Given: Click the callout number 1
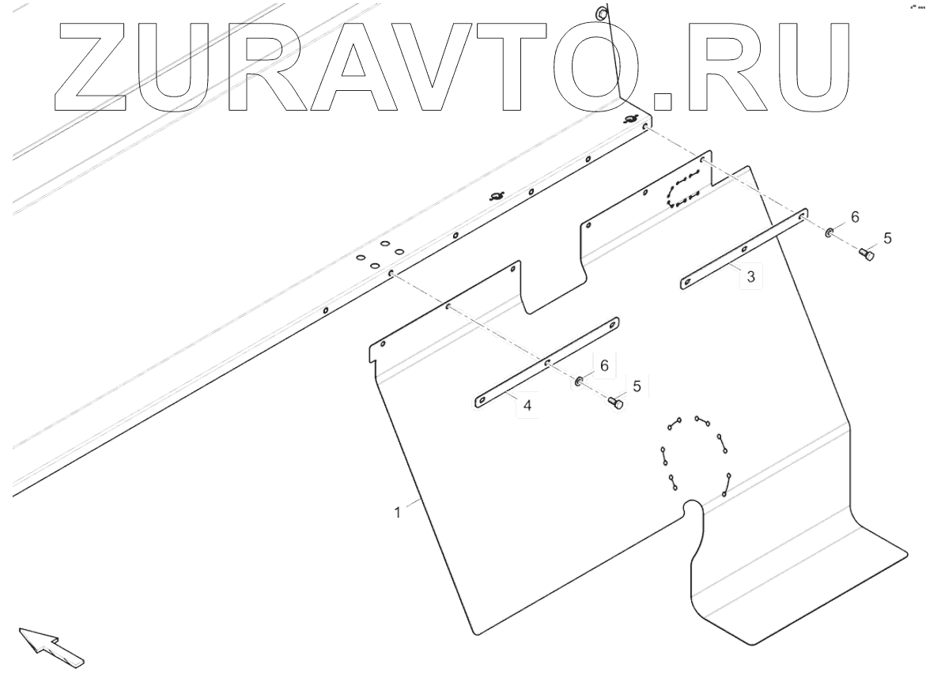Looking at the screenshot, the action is (x=398, y=512).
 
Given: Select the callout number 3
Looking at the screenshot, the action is (x=750, y=277).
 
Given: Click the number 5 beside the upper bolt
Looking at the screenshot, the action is (x=887, y=237).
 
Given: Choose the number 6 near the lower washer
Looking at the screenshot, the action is (x=603, y=365).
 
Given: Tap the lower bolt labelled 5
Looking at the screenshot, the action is (x=615, y=404).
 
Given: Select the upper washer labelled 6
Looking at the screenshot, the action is (x=830, y=233).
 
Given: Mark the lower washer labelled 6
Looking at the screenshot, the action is (x=579, y=383).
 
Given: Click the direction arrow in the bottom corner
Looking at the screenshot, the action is (x=50, y=646).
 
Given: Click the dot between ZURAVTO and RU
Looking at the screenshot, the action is (x=665, y=100).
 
